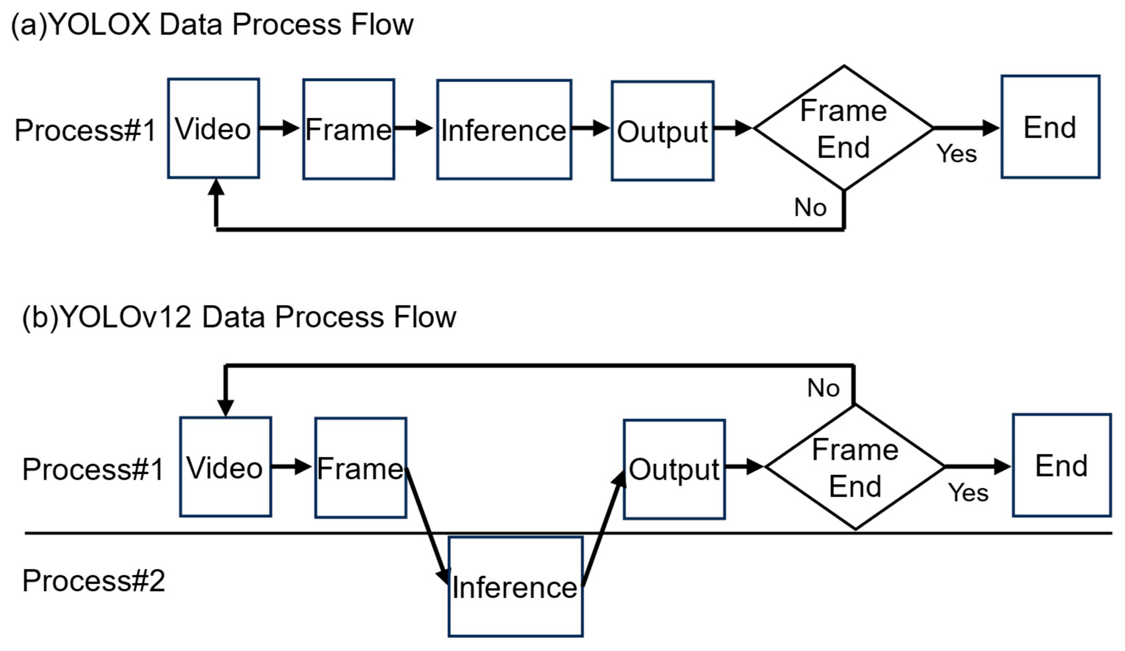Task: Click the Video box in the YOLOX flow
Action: point(213,129)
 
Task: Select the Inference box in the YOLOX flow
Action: point(504,129)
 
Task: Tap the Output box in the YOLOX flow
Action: point(662,131)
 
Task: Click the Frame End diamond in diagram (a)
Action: point(843,128)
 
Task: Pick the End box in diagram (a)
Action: point(1050,127)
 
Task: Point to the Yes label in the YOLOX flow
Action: point(956,154)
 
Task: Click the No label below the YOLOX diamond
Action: point(810,208)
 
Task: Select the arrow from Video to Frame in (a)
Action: point(279,128)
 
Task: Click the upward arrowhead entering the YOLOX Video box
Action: point(216,188)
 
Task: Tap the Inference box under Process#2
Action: point(515,586)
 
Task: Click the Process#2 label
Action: point(94,581)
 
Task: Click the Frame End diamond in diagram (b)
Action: point(855,467)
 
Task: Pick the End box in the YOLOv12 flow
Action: point(1061,465)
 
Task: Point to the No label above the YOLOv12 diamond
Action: point(823,388)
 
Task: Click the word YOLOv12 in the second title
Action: point(125,317)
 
